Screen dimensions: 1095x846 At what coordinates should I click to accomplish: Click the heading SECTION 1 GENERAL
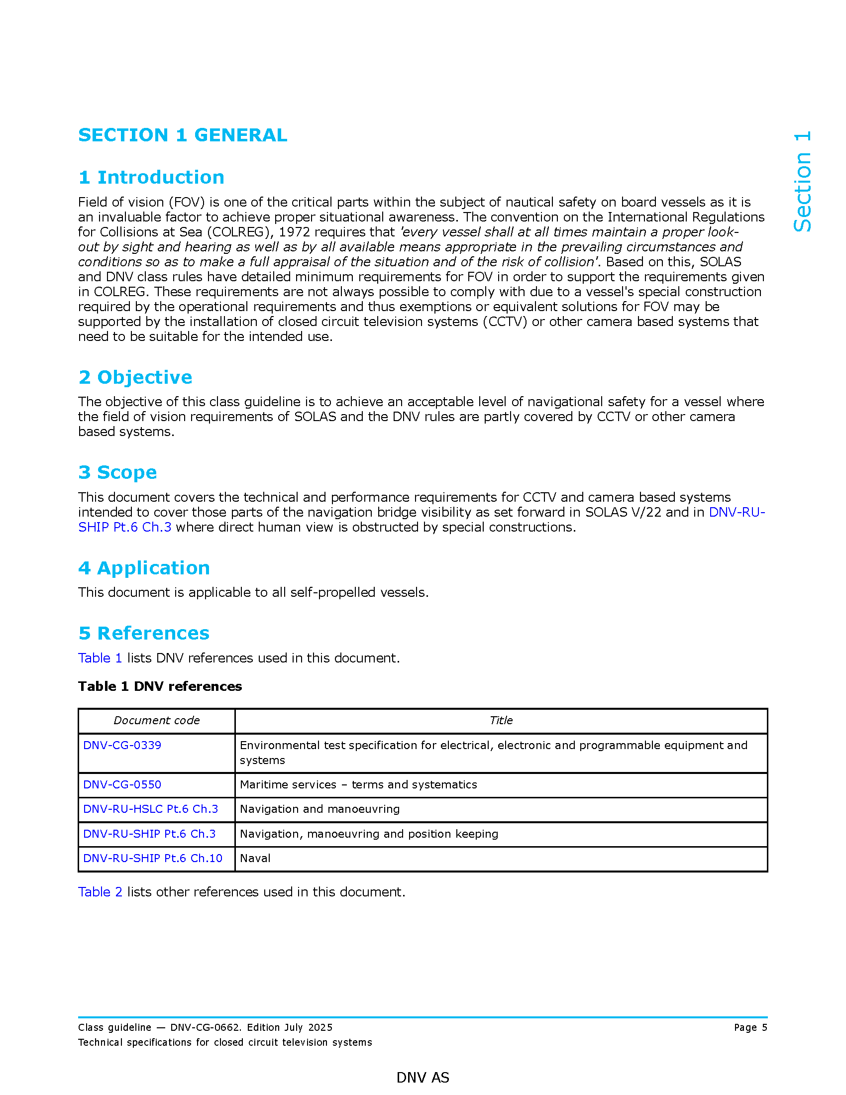pyautogui.click(x=183, y=135)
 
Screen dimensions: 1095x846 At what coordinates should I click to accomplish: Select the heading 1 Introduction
pyautogui.click(x=151, y=177)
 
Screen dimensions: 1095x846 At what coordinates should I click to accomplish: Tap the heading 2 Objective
pyautogui.click(x=135, y=377)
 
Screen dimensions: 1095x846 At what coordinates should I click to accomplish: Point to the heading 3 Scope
pyautogui.click(x=117, y=472)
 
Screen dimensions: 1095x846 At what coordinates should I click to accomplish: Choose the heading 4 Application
pyautogui.click(x=144, y=567)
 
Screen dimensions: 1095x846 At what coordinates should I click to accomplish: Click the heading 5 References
pyautogui.click(x=144, y=633)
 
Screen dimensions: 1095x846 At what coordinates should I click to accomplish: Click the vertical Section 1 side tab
pyautogui.click(x=802, y=182)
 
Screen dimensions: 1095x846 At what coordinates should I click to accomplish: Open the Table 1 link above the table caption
pyautogui.click(x=100, y=658)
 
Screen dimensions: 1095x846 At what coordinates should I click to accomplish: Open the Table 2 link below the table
pyautogui.click(x=100, y=892)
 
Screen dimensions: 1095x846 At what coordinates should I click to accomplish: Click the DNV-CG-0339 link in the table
pyautogui.click(x=122, y=745)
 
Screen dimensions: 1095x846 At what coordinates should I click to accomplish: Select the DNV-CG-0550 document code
pyautogui.click(x=122, y=784)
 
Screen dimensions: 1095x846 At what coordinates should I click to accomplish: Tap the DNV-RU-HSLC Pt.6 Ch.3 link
pyautogui.click(x=150, y=809)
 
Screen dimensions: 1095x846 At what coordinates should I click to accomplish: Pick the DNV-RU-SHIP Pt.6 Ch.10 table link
pyautogui.click(x=152, y=859)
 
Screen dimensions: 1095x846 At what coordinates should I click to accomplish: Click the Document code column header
pyautogui.click(x=156, y=721)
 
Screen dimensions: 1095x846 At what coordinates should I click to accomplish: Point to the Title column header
pyautogui.click(x=501, y=721)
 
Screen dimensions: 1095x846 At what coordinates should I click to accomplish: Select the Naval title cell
pyautogui.click(x=255, y=859)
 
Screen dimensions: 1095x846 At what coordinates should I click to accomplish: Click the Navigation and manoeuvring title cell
pyautogui.click(x=320, y=809)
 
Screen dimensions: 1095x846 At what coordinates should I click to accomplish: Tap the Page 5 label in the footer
pyautogui.click(x=750, y=1027)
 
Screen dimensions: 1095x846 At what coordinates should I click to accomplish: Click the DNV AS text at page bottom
pyautogui.click(x=423, y=1078)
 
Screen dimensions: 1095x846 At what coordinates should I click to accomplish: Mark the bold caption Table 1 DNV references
pyautogui.click(x=160, y=686)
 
